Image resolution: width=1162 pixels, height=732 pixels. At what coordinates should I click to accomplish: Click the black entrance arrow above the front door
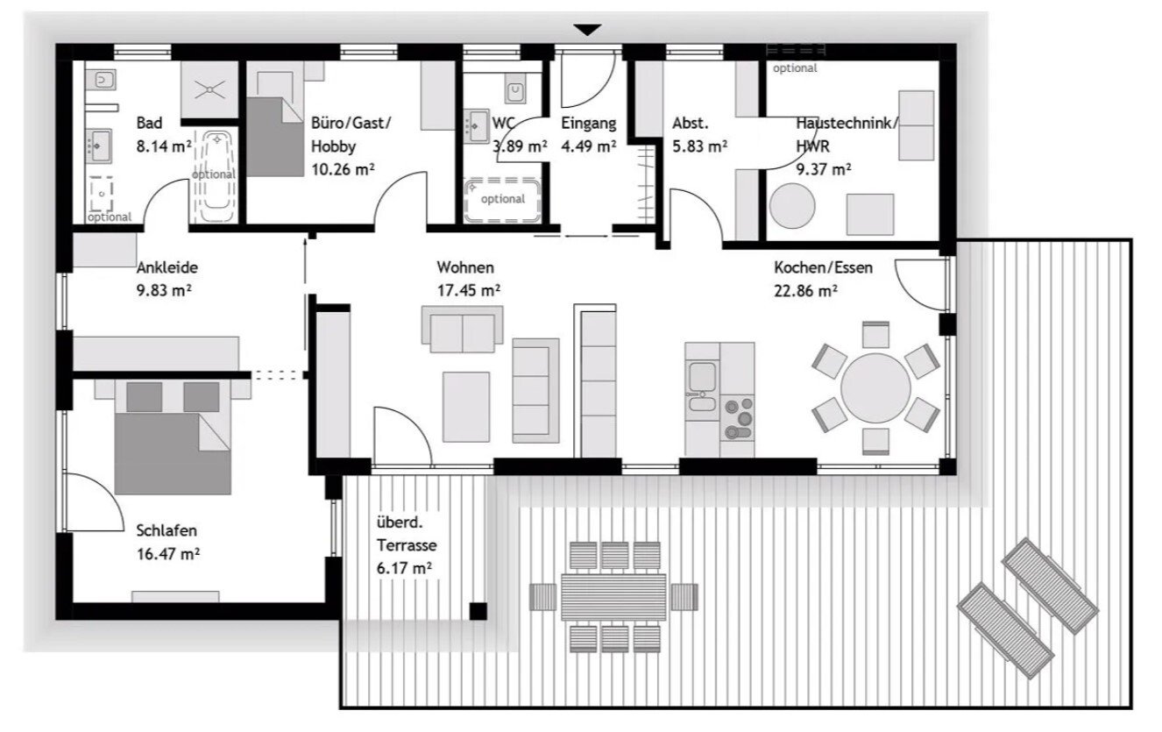[587, 30]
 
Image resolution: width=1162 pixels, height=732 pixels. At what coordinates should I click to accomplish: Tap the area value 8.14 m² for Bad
[164, 146]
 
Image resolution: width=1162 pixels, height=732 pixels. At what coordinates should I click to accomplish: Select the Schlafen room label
[167, 530]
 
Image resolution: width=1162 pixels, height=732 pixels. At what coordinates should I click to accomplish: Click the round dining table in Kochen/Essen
[875, 388]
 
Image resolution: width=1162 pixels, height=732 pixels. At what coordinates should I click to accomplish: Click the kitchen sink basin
[703, 376]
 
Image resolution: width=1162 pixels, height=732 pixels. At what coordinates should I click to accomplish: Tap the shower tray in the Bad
[209, 89]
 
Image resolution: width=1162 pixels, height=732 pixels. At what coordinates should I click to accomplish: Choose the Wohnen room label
[465, 267]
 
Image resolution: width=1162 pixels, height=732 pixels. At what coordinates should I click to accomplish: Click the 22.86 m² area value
[805, 291]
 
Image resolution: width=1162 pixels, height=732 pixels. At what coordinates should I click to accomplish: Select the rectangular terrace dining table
[613, 597]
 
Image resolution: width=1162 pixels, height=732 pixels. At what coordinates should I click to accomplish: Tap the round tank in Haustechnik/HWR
[792, 206]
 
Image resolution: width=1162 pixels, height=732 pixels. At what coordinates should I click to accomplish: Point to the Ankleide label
[167, 267]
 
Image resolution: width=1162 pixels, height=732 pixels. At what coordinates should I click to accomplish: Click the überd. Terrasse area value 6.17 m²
[404, 569]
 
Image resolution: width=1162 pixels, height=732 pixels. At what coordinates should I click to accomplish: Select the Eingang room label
[589, 124]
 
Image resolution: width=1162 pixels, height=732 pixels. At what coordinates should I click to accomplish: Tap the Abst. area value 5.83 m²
[700, 146]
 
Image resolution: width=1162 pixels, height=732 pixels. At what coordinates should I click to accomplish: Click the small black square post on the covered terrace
[478, 611]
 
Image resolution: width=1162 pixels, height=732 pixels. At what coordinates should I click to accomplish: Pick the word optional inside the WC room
[503, 199]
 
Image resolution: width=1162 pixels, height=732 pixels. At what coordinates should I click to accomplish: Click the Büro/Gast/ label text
[351, 124]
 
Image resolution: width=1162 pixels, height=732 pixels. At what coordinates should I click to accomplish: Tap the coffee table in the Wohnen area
[466, 407]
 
